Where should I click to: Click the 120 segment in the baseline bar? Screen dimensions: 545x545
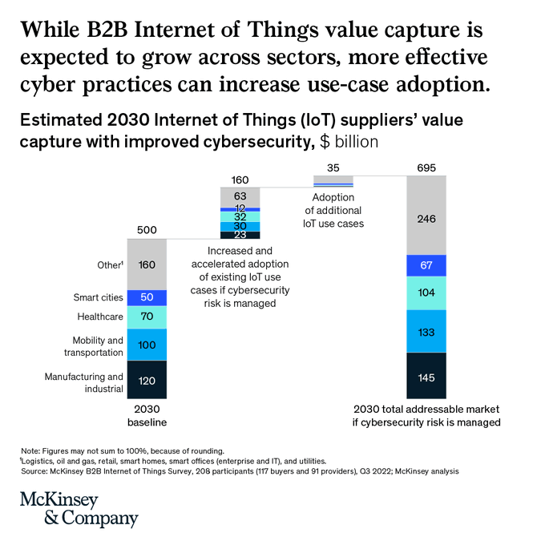147,380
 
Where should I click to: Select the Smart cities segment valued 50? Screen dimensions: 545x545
147,297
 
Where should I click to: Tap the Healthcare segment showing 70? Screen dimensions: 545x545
147,317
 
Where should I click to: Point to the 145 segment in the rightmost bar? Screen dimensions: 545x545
426,376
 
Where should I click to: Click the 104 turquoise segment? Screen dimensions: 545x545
426,293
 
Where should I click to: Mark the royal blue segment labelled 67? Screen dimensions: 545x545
426,265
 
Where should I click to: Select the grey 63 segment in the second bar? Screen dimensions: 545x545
240,196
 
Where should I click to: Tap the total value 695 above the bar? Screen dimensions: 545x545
426,167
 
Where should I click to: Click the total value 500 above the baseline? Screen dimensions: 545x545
147,230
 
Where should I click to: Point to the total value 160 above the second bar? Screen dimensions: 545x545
240,179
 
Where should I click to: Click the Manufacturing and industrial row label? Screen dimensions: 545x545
84,383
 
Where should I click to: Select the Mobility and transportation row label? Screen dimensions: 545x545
94,346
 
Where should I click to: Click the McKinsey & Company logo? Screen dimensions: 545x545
79,509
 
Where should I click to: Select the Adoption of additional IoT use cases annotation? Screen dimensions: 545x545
333,210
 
